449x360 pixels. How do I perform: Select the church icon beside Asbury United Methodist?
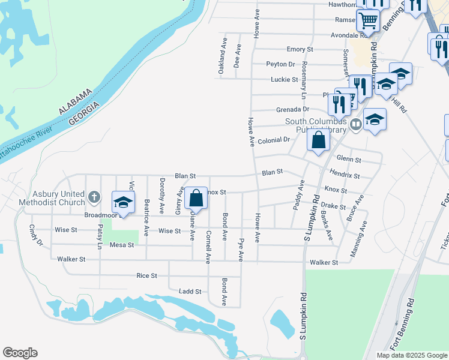click(x=94, y=196)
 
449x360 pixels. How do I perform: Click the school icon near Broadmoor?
click(x=123, y=203)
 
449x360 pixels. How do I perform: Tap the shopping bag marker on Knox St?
click(x=196, y=197)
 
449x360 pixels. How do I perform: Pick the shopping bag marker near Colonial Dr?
click(x=319, y=140)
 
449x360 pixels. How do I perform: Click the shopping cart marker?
click(x=367, y=20)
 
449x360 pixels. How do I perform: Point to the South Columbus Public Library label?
click(x=316, y=125)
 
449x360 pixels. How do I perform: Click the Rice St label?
click(x=146, y=275)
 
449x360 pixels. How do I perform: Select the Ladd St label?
click(x=190, y=292)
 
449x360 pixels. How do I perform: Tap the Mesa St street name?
click(x=122, y=245)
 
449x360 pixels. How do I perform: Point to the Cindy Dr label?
click(x=36, y=235)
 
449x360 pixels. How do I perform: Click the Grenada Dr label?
click(x=292, y=110)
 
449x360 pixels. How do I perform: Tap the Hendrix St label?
click(x=345, y=175)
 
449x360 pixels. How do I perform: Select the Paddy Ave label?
click(x=298, y=194)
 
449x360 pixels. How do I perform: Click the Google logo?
click(x=20, y=353)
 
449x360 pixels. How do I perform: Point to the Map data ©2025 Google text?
click(x=412, y=355)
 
